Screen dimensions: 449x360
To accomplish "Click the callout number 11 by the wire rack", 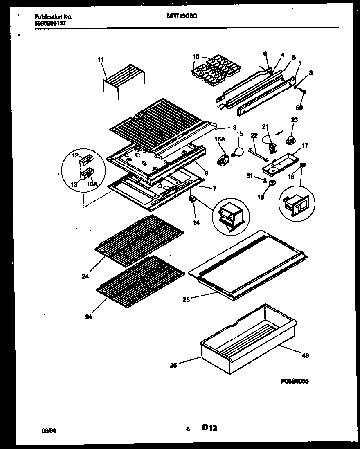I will pyautogui.click(x=101, y=60).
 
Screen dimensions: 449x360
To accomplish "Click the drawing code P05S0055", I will pyautogui.click(x=295, y=381).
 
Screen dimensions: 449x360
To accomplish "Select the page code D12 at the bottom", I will pyautogui.click(x=209, y=428).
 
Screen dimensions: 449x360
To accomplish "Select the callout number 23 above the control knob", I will pyautogui.click(x=295, y=120).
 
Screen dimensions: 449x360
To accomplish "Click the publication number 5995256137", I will pyautogui.click(x=50, y=23).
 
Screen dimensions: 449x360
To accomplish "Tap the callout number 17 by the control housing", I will pyautogui.click(x=305, y=145).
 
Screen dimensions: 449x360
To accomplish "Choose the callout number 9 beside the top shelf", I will pyautogui.click(x=234, y=127).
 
